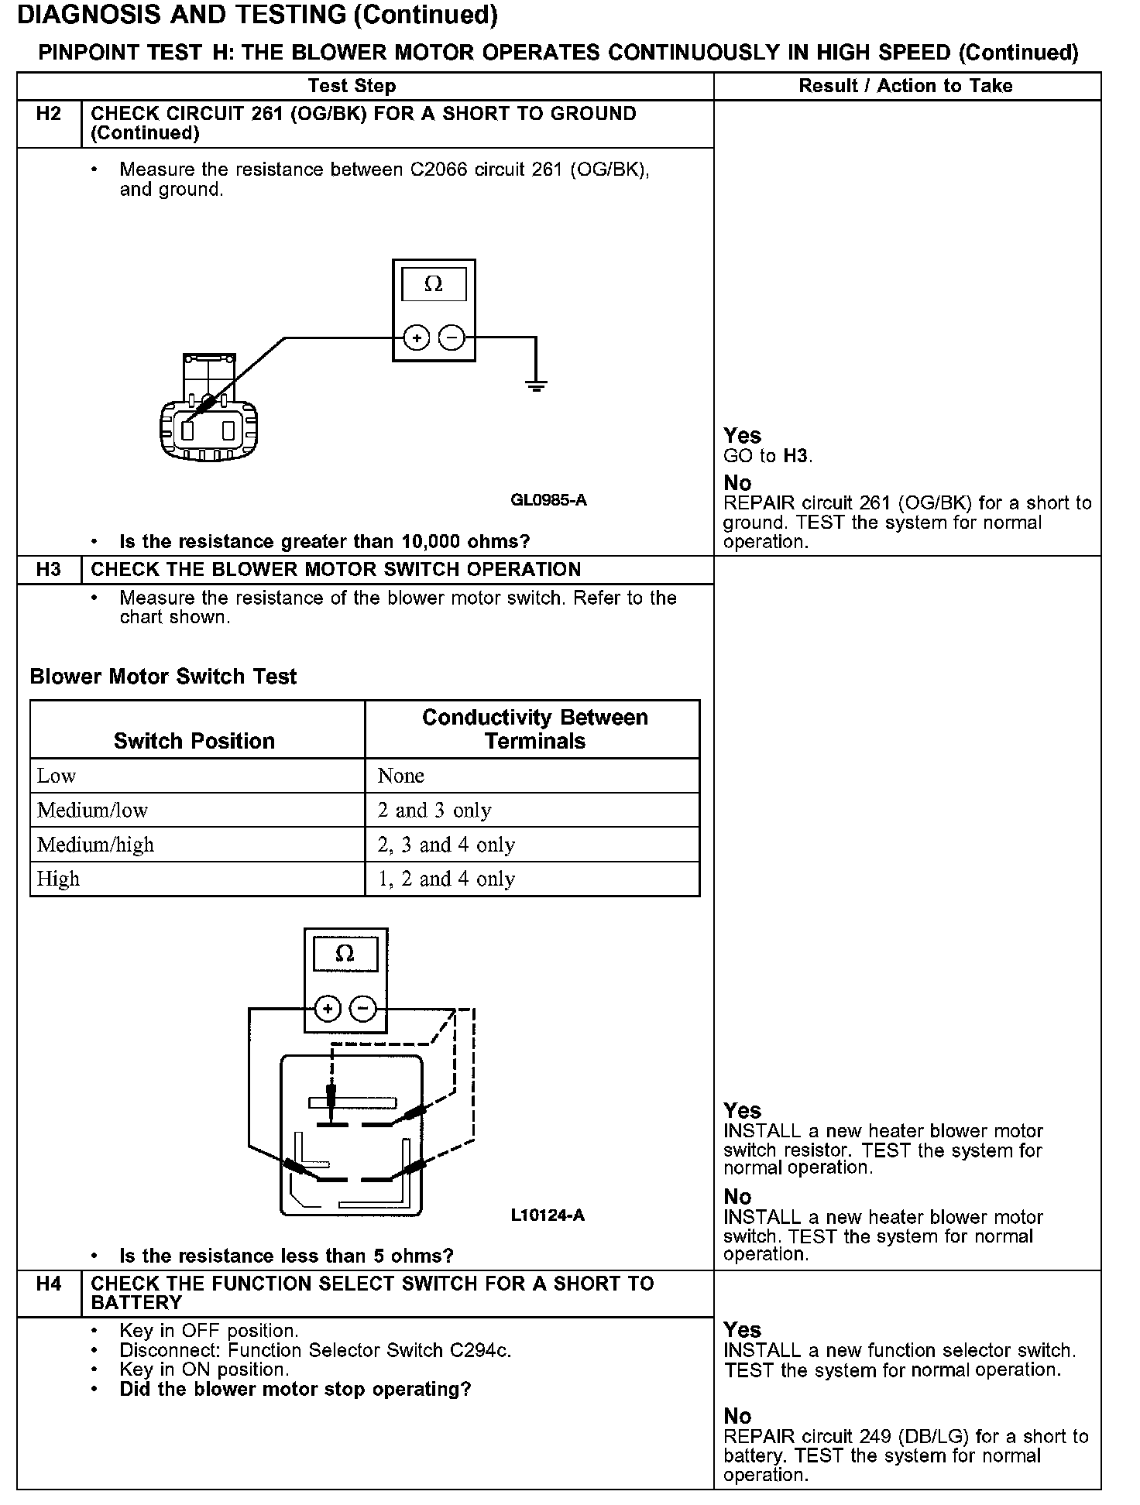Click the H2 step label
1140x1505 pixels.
[x=48, y=115]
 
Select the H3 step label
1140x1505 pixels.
[x=48, y=570]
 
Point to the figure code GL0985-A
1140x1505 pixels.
[x=548, y=500]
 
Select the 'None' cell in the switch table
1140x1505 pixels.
[x=401, y=776]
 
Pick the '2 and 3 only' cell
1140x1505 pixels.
[x=434, y=811]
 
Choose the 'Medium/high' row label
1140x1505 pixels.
[x=96, y=845]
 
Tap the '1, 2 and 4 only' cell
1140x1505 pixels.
[x=446, y=879]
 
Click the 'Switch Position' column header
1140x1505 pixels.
[x=194, y=741]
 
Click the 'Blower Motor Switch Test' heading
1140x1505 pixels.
[x=163, y=677]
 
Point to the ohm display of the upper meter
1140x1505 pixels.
[x=434, y=285]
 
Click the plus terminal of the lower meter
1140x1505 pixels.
[x=328, y=1009]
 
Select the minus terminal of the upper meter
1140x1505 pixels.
[x=452, y=338]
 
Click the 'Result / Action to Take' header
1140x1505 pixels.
[x=905, y=86]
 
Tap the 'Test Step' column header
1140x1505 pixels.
[x=352, y=86]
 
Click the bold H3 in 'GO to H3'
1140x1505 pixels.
[x=796, y=456]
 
